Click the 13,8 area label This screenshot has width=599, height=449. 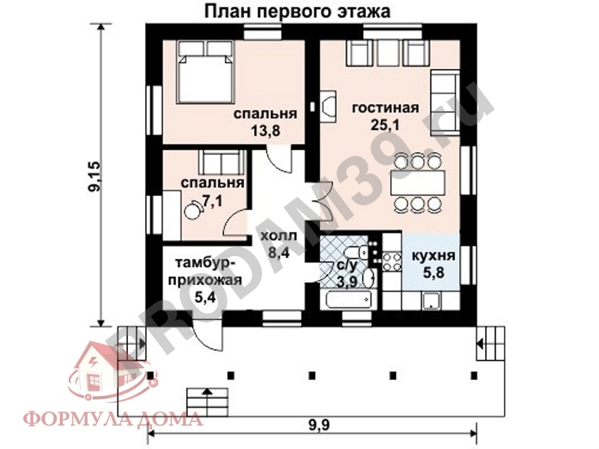[265, 131]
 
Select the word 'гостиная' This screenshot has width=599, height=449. [385, 108]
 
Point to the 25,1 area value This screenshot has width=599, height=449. [385, 124]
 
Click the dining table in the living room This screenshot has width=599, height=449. [416, 182]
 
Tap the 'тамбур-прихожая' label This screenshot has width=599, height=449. [207, 272]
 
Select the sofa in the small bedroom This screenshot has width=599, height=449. [220, 162]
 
